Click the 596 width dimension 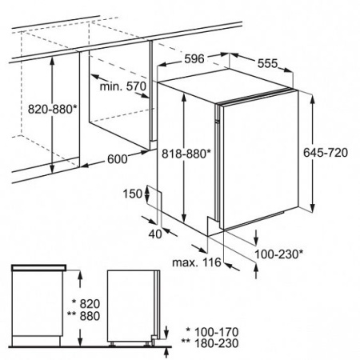pyautogui.click(x=194, y=59)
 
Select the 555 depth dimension pyautogui.click(x=268, y=63)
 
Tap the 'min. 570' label pyautogui.click(x=123, y=86)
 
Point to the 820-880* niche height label pyautogui.click(x=52, y=109)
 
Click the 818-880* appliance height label pyautogui.click(x=186, y=154)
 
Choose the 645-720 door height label pyautogui.click(x=326, y=153)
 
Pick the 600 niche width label pyautogui.click(x=118, y=159)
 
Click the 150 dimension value pyautogui.click(x=133, y=194)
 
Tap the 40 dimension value pyautogui.click(x=155, y=234)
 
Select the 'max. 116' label pyautogui.click(x=197, y=262)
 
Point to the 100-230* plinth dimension pyautogui.click(x=278, y=254)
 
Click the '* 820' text pyautogui.click(x=86, y=304)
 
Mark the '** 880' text pyautogui.click(x=83, y=316)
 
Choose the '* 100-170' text pyautogui.click(x=212, y=332)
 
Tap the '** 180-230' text pyautogui.click(x=210, y=343)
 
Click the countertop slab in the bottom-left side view pyautogui.click(x=38, y=267)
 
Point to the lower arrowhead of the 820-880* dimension pyautogui.click(x=52, y=169)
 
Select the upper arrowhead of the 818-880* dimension pyautogui.click(x=184, y=96)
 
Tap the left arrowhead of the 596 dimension pyautogui.click(x=163, y=65)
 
